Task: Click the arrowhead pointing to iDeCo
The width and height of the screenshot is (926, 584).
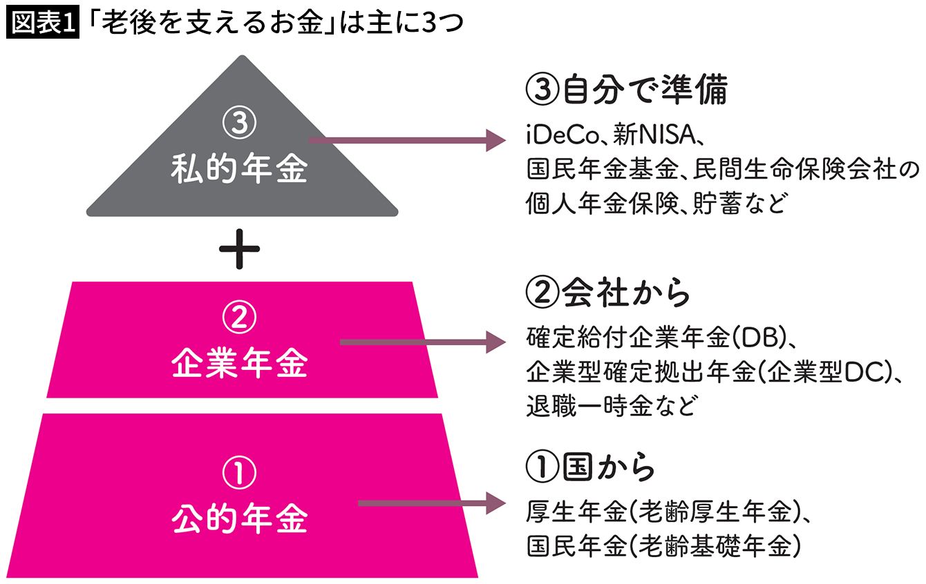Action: click(495, 140)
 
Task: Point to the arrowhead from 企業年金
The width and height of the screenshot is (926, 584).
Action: click(495, 342)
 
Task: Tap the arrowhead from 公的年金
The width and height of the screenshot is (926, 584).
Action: click(495, 503)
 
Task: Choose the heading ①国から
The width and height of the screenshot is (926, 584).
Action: click(591, 468)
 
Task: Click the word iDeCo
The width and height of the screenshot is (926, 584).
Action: click(557, 136)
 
